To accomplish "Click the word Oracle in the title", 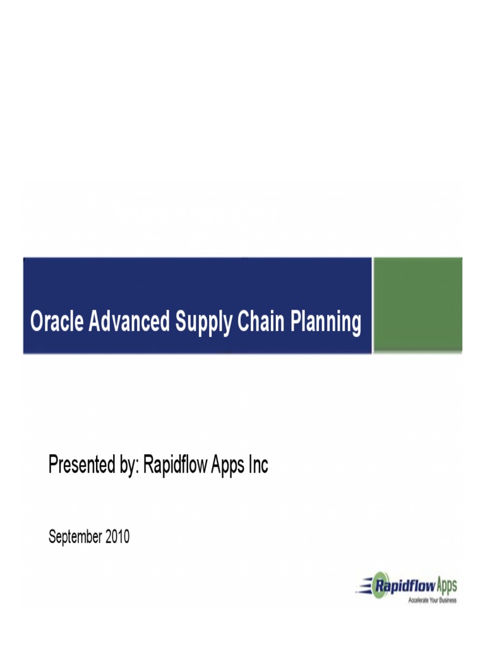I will (x=57, y=322).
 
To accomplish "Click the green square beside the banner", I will (x=417, y=305).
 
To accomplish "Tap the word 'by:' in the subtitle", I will (x=129, y=466).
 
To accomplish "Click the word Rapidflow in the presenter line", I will (x=177, y=466).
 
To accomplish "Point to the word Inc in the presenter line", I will (x=259, y=466).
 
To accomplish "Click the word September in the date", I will (x=75, y=537).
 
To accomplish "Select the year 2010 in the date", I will (x=117, y=537).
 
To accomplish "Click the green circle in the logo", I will (x=381, y=585).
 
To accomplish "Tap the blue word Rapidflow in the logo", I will (x=404, y=585).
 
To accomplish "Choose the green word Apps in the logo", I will (x=446, y=585).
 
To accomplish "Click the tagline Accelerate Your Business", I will (x=432, y=600).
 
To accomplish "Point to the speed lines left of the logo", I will (x=363, y=587).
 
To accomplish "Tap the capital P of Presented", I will (x=54, y=466).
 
